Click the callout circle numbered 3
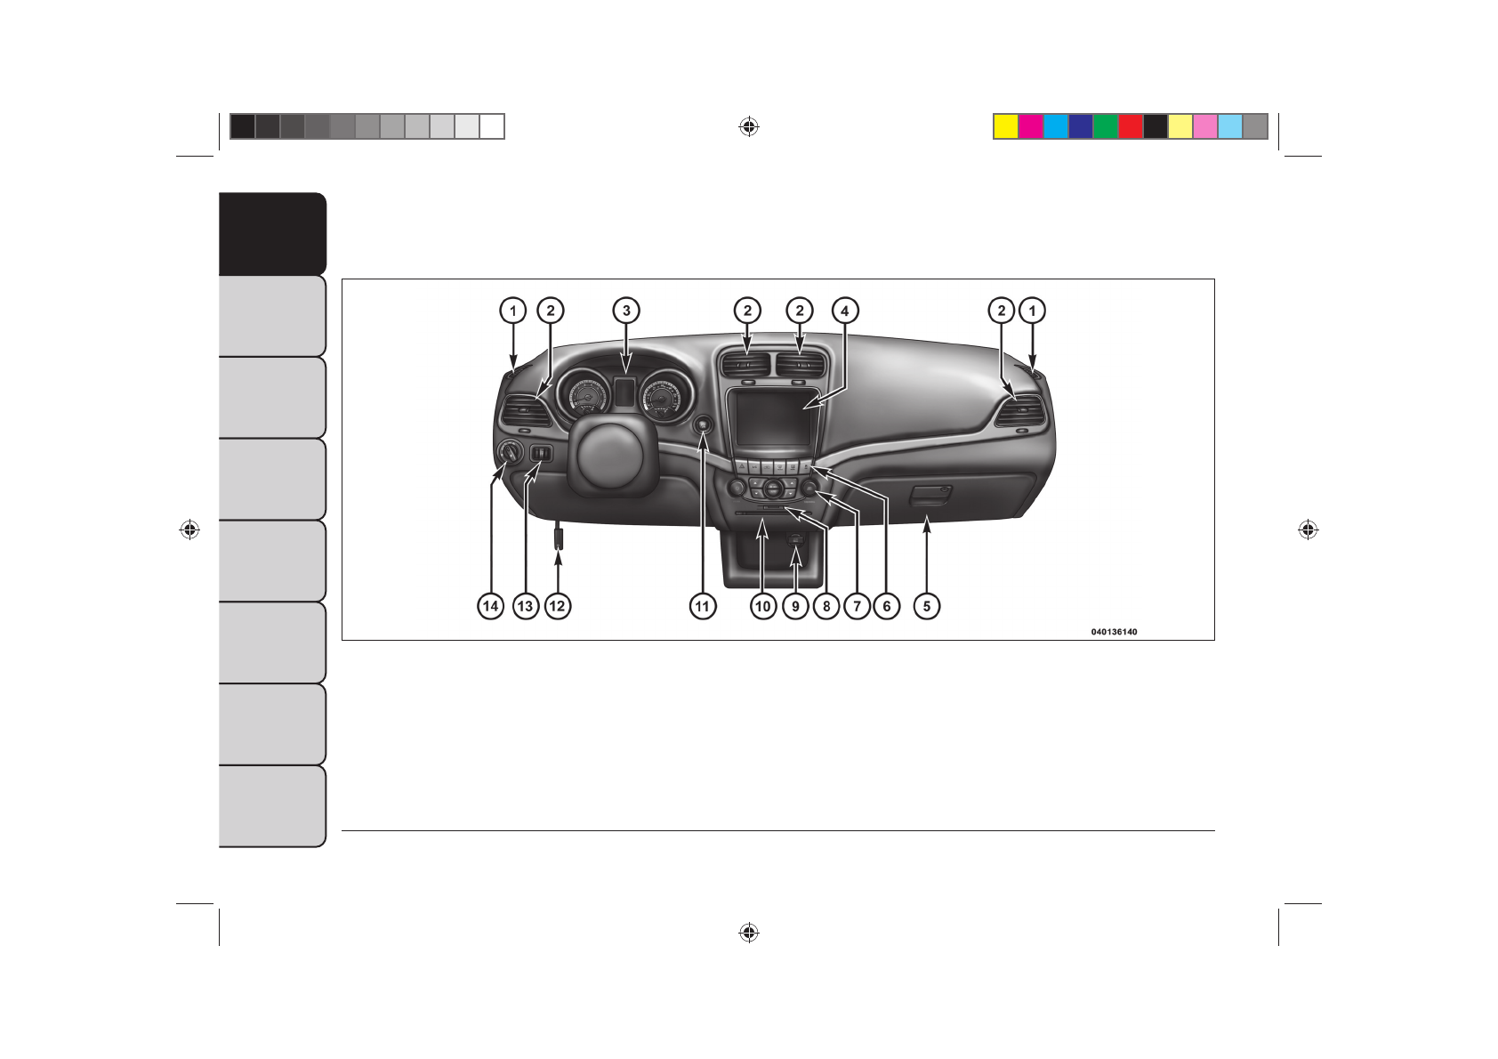point(626,311)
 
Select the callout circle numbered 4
point(845,311)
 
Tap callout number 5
point(927,606)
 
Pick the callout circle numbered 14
point(491,606)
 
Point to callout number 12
point(558,606)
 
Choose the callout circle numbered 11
point(703,606)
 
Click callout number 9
point(796,606)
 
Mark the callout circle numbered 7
point(858,606)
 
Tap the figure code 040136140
point(1114,632)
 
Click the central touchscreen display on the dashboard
point(773,418)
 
